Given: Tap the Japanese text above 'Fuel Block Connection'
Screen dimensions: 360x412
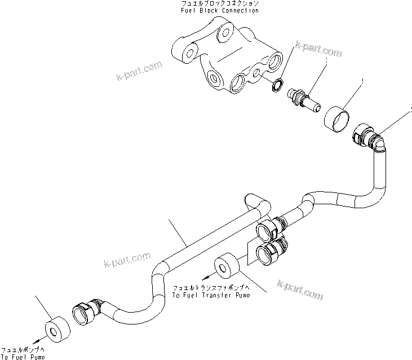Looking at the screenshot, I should tap(210, 4).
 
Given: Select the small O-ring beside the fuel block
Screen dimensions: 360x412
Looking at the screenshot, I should tap(277, 85).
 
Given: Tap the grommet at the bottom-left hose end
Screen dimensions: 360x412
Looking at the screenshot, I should tap(56, 328).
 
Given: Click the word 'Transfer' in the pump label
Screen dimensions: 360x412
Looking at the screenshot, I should tap(218, 295).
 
